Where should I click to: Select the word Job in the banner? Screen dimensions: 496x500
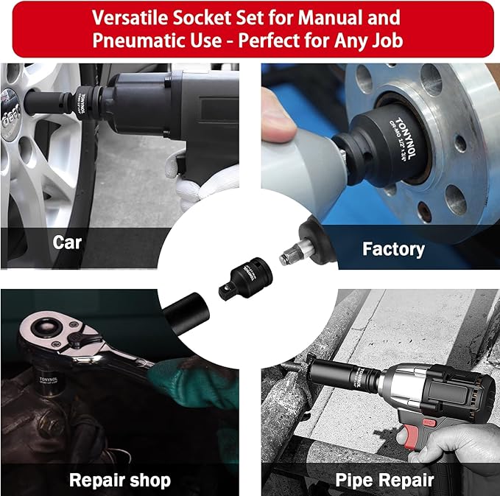386,41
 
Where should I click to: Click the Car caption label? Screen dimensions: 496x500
67,242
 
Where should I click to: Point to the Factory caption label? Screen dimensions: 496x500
393,249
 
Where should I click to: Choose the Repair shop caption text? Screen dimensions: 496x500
120,481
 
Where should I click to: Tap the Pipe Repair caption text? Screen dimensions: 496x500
384,481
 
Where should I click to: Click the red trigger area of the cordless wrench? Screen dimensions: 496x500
401,431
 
